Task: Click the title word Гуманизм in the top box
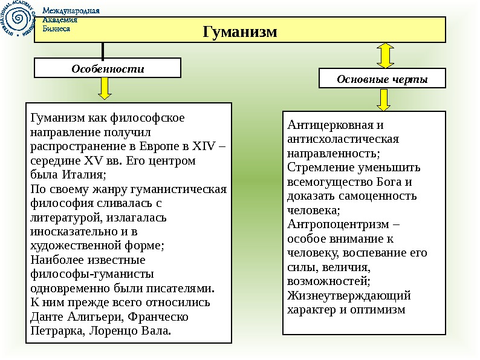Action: pyautogui.click(x=239, y=31)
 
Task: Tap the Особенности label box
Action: pyautogui.click(x=108, y=68)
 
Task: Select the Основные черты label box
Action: pyautogui.click(x=382, y=79)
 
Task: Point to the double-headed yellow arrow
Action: pyautogui.click(x=385, y=55)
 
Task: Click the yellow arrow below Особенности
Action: pyautogui.click(x=105, y=88)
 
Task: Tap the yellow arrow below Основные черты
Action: pyautogui.click(x=384, y=99)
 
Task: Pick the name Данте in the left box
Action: pyautogui.click(x=46, y=316)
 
